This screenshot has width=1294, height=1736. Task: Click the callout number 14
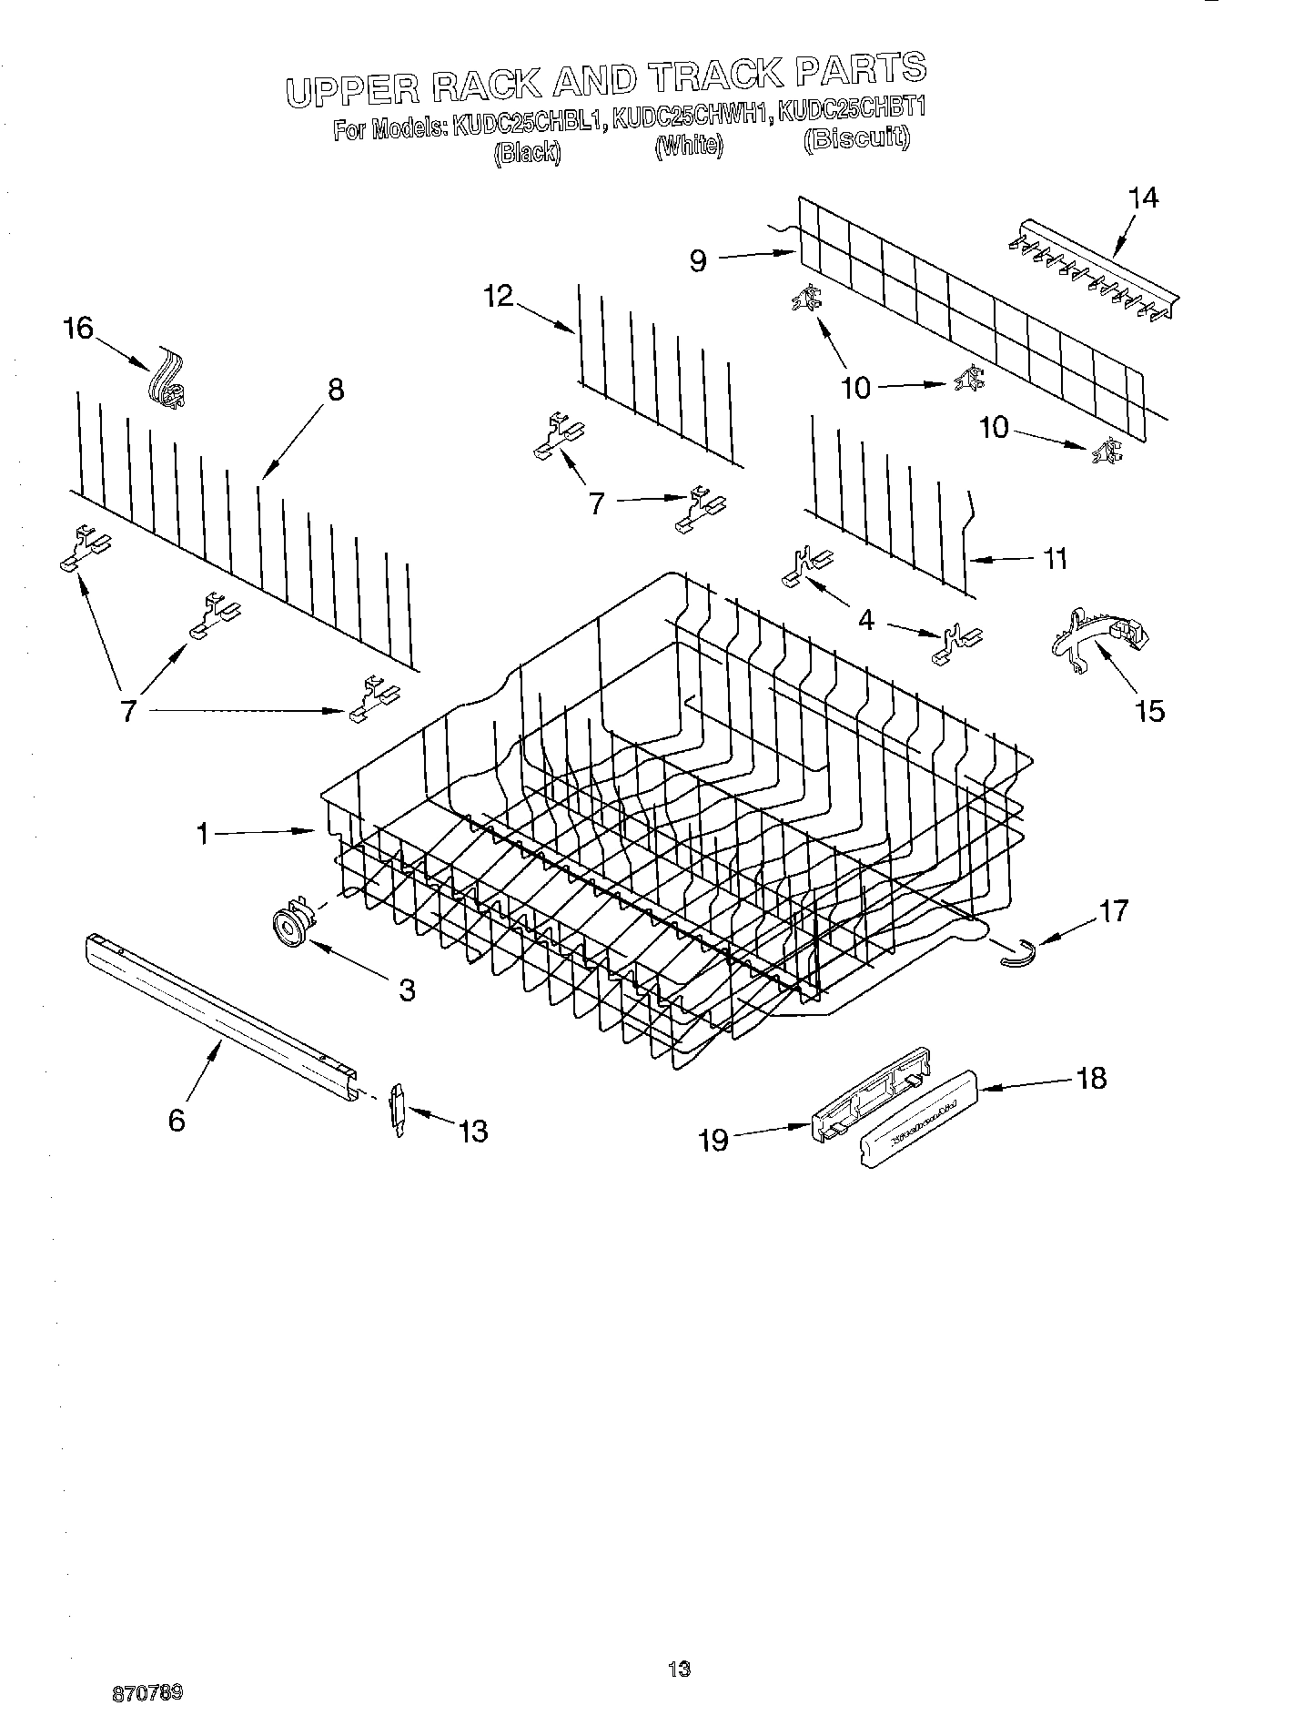click(x=1143, y=198)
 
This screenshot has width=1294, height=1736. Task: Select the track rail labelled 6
click(x=219, y=1010)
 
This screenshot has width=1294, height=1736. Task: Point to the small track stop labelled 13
click(x=398, y=1110)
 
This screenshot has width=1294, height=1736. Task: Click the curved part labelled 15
click(x=1097, y=637)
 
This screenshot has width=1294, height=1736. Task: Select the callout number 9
click(x=698, y=262)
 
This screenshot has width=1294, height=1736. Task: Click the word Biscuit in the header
click(x=856, y=138)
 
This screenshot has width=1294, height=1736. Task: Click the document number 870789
click(x=147, y=1694)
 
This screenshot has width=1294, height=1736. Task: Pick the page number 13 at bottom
click(x=679, y=1669)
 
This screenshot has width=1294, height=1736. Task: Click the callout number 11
click(x=1055, y=558)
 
